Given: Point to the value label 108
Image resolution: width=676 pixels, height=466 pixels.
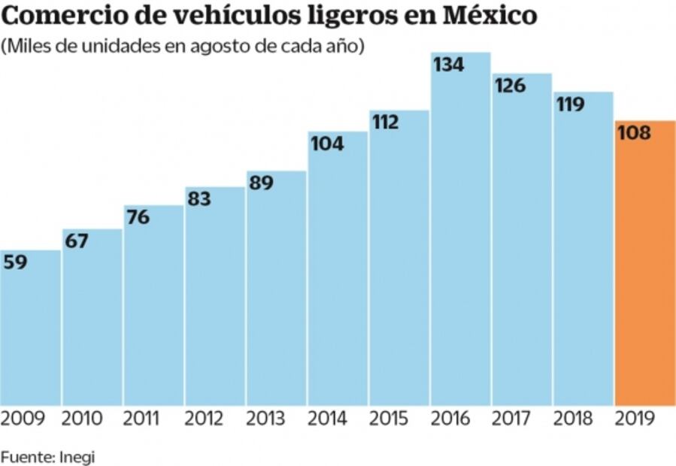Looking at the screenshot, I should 633,132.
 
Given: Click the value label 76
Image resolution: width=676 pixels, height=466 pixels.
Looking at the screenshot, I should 138,217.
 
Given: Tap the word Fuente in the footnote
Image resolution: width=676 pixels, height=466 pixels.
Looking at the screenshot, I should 26,455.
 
